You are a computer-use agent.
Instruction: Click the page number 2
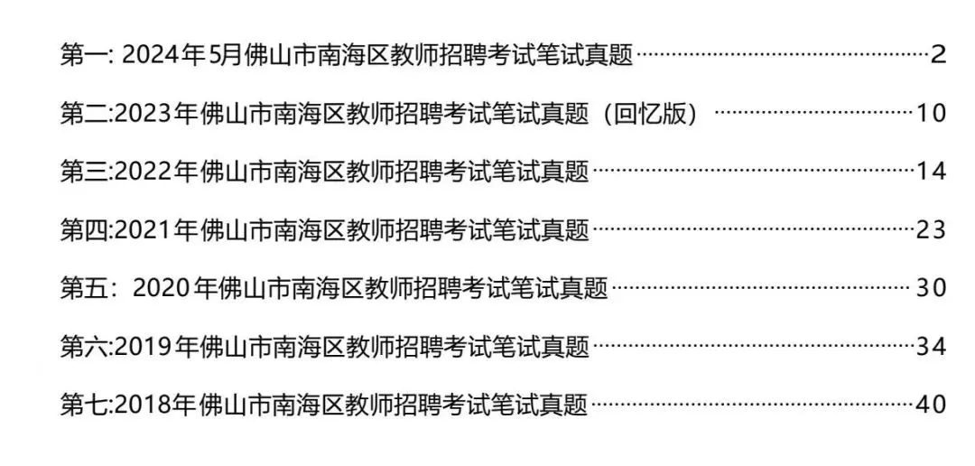click(938, 56)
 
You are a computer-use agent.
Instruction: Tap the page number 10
click(931, 115)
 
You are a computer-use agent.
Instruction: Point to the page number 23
click(931, 230)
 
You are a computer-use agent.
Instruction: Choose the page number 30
click(931, 288)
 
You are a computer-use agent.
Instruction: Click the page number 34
click(931, 346)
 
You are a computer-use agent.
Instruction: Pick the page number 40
click(931, 405)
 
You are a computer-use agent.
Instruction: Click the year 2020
click(162, 288)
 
